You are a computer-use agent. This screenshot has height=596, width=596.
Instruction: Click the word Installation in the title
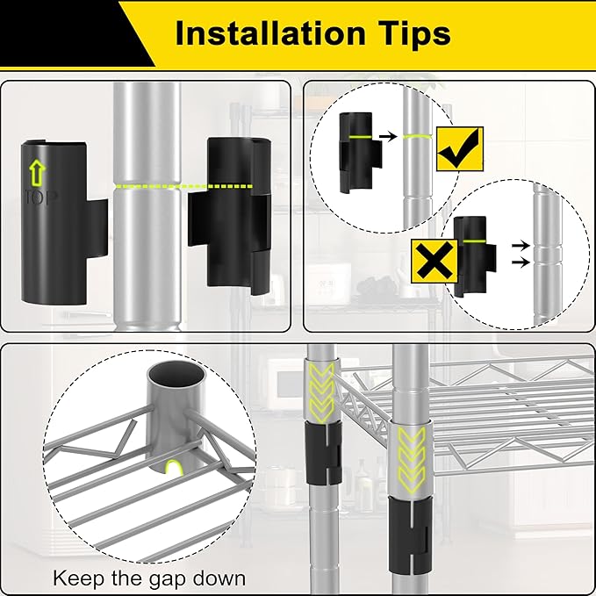pyautogui.click(x=270, y=34)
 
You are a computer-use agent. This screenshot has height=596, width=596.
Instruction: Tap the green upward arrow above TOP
pyautogui.click(x=38, y=173)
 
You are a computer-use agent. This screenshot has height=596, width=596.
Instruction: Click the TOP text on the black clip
pyautogui.click(x=41, y=197)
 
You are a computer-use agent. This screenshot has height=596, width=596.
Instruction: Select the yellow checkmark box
pyautogui.click(x=459, y=148)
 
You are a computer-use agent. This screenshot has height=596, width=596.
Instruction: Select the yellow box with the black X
pyautogui.click(x=434, y=261)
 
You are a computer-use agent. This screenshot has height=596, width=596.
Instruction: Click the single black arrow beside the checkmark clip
pyautogui.click(x=388, y=136)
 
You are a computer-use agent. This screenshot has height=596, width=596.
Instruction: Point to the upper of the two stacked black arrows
pyautogui.click(x=521, y=245)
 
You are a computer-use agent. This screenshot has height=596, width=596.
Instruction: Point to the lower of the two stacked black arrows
pyautogui.click(x=521, y=262)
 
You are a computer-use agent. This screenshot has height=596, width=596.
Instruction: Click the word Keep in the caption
pyautogui.click(x=79, y=579)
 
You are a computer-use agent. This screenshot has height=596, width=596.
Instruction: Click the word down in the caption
pyautogui.click(x=219, y=578)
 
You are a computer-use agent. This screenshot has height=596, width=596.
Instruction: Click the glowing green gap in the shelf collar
pyautogui.click(x=173, y=467)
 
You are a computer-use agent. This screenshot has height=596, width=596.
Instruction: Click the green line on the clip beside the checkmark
pyautogui.click(x=360, y=136)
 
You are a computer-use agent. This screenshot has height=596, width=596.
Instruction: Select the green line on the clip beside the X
pyautogui.click(x=474, y=241)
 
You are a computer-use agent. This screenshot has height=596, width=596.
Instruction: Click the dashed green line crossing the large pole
pyautogui.click(x=183, y=186)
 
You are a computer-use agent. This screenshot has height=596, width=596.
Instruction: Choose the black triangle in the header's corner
pyautogui.click(x=76, y=33)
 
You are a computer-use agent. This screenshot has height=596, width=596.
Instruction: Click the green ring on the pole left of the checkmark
pyautogui.click(x=417, y=136)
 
